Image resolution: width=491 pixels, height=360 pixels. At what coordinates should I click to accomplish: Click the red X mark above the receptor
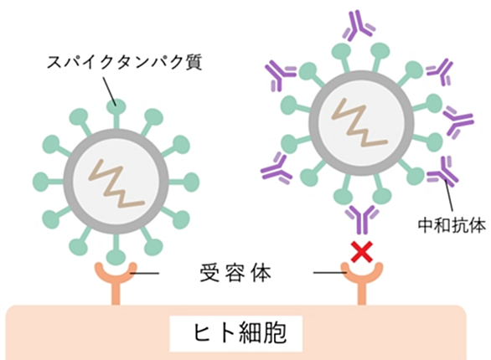pyautogui.click(x=362, y=252)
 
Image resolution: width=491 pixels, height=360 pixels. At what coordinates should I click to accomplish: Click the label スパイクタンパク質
pyautogui.click(x=124, y=62)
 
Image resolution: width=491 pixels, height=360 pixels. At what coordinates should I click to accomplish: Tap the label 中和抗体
pyautogui.click(x=452, y=224)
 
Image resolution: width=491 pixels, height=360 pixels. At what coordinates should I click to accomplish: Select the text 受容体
pyautogui.click(x=235, y=273)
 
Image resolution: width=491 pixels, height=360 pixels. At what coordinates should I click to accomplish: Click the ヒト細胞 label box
pyautogui.click(x=235, y=333)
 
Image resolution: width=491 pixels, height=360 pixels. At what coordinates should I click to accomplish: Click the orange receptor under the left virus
pyautogui.click(x=116, y=282)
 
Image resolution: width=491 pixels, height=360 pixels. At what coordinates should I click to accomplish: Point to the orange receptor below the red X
pyautogui.click(x=362, y=282)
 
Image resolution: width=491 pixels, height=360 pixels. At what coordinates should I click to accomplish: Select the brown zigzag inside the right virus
pyautogui.click(x=359, y=122)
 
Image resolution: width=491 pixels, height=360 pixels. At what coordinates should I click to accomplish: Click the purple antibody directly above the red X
pyautogui.click(x=362, y=219)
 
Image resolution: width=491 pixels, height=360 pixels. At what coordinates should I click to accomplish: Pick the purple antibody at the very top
pyautogui.click(x=359, y=26)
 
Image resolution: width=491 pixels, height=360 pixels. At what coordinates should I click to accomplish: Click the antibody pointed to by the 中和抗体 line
pyautogui.click(x=442, y=171)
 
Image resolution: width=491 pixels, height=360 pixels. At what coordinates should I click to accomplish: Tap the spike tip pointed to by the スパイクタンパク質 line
pyautogui.click(x=116, y=107)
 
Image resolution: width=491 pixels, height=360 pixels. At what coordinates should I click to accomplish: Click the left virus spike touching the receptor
pyautogui.click(x=116, y=250)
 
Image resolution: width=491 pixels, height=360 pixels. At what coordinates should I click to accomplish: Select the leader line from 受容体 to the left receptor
pyautogui.click(x=145, y=274)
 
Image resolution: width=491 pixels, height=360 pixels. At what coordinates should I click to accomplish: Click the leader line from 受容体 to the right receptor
pyautogui.click(x=330, y=273)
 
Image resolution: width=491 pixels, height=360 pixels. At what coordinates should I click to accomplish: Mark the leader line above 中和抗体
pyautogui.click(x=449, y=197)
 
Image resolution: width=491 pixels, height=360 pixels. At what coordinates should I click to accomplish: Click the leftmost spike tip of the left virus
pyautogui.click(x=42, y=182)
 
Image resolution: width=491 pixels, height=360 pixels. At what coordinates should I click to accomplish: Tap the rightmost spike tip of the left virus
pyautogui.click(x=190, y=182)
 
